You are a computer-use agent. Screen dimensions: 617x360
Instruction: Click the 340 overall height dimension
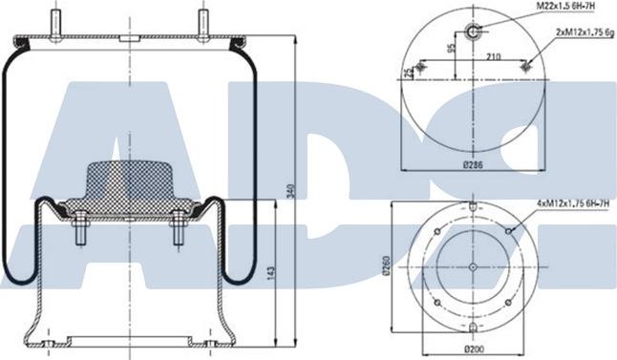point(290,191)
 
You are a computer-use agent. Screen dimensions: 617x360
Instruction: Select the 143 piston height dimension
point(271,273)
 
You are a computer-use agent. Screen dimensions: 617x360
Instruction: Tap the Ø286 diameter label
point(473,165)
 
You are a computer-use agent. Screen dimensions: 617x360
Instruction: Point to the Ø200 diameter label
point(474,349)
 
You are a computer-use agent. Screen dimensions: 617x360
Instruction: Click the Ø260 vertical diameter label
point(386,266)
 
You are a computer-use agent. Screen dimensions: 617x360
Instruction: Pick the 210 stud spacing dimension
point(493,57)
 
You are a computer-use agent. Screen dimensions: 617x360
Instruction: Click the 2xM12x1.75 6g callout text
point(585,33)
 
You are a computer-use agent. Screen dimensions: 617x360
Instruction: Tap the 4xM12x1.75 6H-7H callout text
point(572,203)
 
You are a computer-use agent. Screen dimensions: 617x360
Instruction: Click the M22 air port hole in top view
point(472,31)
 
